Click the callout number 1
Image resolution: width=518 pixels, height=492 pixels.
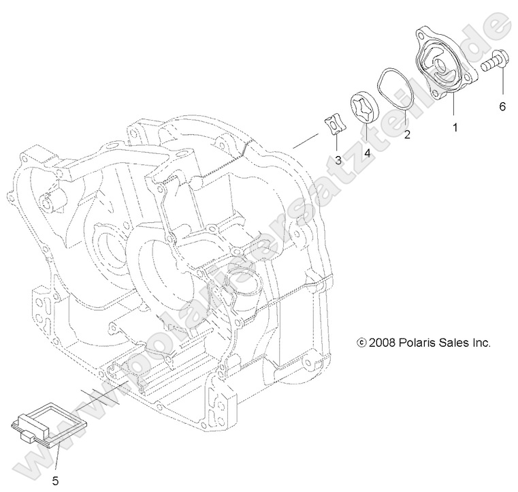[x=455, y=127]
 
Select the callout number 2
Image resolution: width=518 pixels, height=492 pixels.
[x=407, y=134]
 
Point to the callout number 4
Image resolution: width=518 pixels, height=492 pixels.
[x=367, y=153]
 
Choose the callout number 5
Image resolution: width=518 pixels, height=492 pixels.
[x=55, y=480]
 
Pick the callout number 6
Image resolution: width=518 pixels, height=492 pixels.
[x=502, y=106]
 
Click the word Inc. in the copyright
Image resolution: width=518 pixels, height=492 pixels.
[x=481, y=343]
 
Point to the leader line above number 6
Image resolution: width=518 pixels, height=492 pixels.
[x=502, y=85]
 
